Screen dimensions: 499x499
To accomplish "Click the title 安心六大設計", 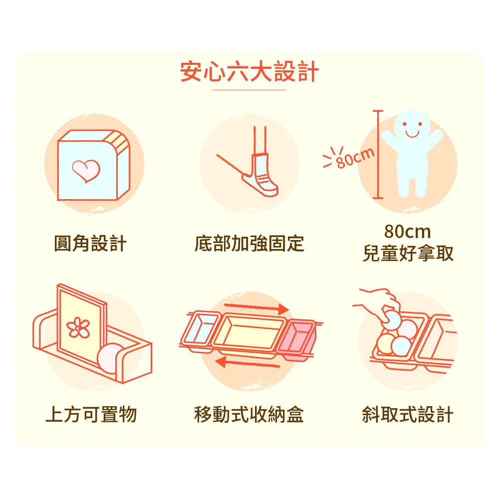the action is pyautogui.click(x=249, y=71).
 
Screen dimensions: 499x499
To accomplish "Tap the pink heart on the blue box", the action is pyautogui.click(x=86, y=171).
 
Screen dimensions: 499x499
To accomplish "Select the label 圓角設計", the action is pyautogui.click(x=90, y=244).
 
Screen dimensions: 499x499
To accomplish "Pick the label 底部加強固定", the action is pyautogui.click(x=249, y=244).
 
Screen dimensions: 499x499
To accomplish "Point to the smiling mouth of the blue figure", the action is pyautogui.click(x=412, y=134).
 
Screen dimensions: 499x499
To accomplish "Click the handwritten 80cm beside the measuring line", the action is pyautogui.click(x=354, y=158).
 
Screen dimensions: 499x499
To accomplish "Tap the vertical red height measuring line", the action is pyautogui.click(x=378, y=155).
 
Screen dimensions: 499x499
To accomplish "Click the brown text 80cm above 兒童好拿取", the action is pyautogui.click(x=407, y=232).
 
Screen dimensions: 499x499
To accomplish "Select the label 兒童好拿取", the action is pyautogui.click(x=408, y=253).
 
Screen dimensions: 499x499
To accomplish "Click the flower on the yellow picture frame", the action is pyautogui.click(x=78, y=327).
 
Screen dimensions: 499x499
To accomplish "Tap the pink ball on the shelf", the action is pyautogui.click(x=110, y=358).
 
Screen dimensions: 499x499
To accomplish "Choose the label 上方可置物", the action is pyautogui.click(x=91, y=414).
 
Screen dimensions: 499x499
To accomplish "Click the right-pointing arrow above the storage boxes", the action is pyautogui.click(x=256, y=307).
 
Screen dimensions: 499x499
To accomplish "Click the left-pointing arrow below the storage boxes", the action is pyautogui.click(x=248, y=363).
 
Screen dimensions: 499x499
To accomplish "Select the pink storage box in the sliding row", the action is pyautogui.click(x=296, y=339).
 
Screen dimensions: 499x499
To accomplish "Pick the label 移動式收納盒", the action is pyautogui.click(x=249, y=414).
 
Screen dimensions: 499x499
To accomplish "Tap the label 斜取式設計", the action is pyautogui.click(x=408, y=414).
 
